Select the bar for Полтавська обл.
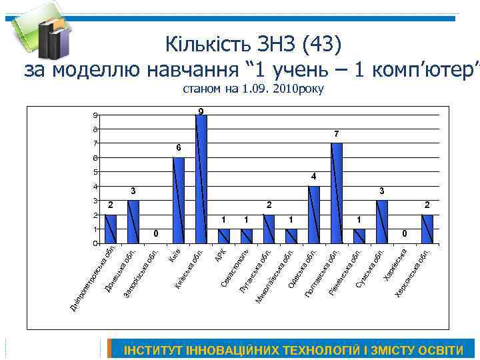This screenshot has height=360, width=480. click(x=337, y=193)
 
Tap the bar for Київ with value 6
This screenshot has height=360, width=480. click(x=179, y=200)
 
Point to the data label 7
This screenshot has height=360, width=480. click(x=337, y=134)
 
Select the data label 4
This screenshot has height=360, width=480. click(x=313, y=177)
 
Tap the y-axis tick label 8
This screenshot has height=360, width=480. click(x=95, y=129)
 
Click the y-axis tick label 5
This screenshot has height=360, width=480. click(x=95, y=172)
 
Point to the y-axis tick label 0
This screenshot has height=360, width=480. click(x=95, y=243)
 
